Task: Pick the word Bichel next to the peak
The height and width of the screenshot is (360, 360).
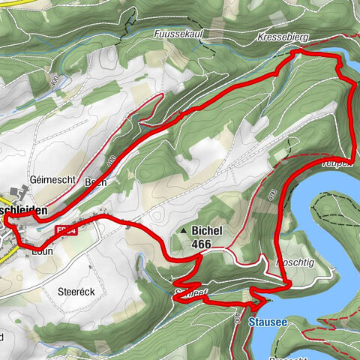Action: coord(206,231)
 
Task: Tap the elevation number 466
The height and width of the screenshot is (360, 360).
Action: coord(201,244)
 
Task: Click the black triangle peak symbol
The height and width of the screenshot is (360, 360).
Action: coord(183,232)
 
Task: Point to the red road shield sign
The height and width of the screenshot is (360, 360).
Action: coord(67,231)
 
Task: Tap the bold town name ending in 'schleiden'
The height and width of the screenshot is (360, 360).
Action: coord(30,211)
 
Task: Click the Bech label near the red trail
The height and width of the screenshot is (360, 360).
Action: coord(96,181)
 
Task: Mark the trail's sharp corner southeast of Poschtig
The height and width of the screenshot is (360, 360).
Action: coord(289,285)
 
